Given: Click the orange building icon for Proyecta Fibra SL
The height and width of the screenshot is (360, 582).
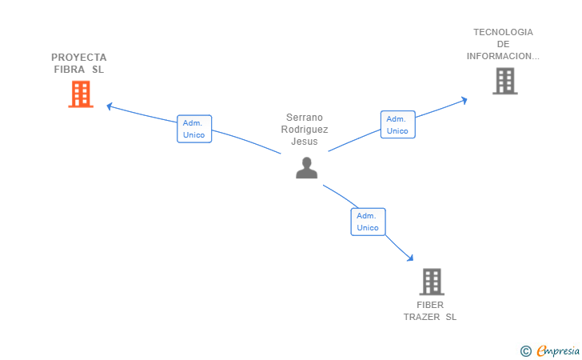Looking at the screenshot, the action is (x=81, y=94).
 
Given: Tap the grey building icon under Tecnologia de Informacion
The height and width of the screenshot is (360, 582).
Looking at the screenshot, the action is (x=504, y=81).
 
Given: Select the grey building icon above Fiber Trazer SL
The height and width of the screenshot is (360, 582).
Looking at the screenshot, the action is (x=432, y=282).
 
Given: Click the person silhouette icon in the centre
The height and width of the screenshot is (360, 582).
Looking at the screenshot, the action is (x=307, y=168).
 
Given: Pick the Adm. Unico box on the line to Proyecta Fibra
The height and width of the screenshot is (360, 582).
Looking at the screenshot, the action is (x=194, y=129).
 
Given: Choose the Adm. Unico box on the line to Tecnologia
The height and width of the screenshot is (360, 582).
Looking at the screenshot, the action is (x=397, y=125).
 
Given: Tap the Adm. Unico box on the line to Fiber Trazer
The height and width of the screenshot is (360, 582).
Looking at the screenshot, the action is (x=368, y=222).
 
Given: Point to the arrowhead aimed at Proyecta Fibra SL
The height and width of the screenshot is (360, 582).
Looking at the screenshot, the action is (x=109, y=106).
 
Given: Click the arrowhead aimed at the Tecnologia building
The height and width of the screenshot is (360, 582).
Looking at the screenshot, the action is (x=464, y=100).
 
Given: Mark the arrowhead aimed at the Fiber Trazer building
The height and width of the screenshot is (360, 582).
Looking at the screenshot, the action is (x=410, y=258).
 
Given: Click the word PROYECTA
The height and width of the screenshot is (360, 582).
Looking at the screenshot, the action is (x=78, y=58).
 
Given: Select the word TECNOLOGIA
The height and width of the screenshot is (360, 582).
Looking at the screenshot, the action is (x=503, y=32).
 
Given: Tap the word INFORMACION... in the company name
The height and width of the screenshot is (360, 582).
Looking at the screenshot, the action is (x=503, y=56).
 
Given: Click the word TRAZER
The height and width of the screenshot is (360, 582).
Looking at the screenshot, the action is (x=421, y=317).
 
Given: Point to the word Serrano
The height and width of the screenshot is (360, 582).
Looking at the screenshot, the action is (x=305, y=118).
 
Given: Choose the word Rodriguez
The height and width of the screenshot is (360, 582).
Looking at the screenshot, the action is (x=305, y=130).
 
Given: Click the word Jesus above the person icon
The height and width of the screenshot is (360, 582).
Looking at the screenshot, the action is (x=305, y=142).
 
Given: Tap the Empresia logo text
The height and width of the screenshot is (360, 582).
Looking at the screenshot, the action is (x=558, y=350).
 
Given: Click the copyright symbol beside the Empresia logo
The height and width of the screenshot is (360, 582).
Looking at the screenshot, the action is (x=526, y=351).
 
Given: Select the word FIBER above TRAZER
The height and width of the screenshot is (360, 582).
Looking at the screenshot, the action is (x=430, y=305).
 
